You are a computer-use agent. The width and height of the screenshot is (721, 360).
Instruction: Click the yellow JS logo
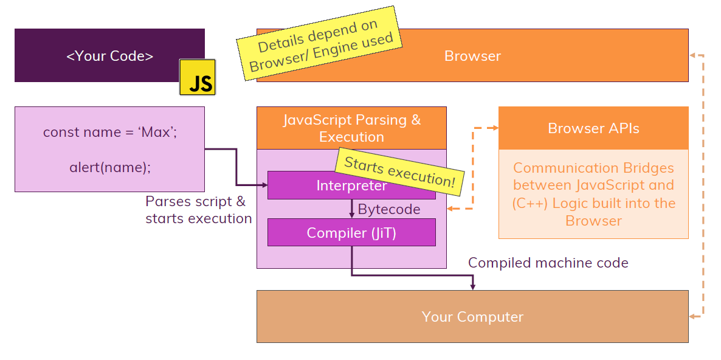(197, 77)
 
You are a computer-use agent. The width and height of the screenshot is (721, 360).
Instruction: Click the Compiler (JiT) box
(351, 232)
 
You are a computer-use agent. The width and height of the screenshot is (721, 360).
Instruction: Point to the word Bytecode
(389, 209)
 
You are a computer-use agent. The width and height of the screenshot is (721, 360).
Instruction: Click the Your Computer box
(472, 317)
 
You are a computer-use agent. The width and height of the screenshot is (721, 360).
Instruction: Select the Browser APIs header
(593, 128)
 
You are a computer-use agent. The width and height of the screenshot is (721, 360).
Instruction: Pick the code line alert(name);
(110, 167)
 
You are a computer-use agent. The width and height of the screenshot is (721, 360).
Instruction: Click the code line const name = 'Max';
(110, 132)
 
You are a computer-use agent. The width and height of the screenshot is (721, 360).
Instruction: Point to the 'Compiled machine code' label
(548, 263)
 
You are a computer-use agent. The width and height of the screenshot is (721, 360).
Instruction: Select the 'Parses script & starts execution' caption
(198, 210)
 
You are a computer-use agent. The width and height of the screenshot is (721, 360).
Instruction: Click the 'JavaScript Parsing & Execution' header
(351, 128)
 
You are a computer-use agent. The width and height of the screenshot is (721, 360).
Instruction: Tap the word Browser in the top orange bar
(472, 56)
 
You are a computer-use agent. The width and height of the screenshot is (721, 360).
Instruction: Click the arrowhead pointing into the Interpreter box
(264, 185)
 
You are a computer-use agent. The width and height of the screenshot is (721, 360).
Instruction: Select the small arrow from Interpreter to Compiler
(351, 210)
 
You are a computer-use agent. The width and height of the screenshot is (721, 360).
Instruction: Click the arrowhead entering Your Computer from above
(473, 286)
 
